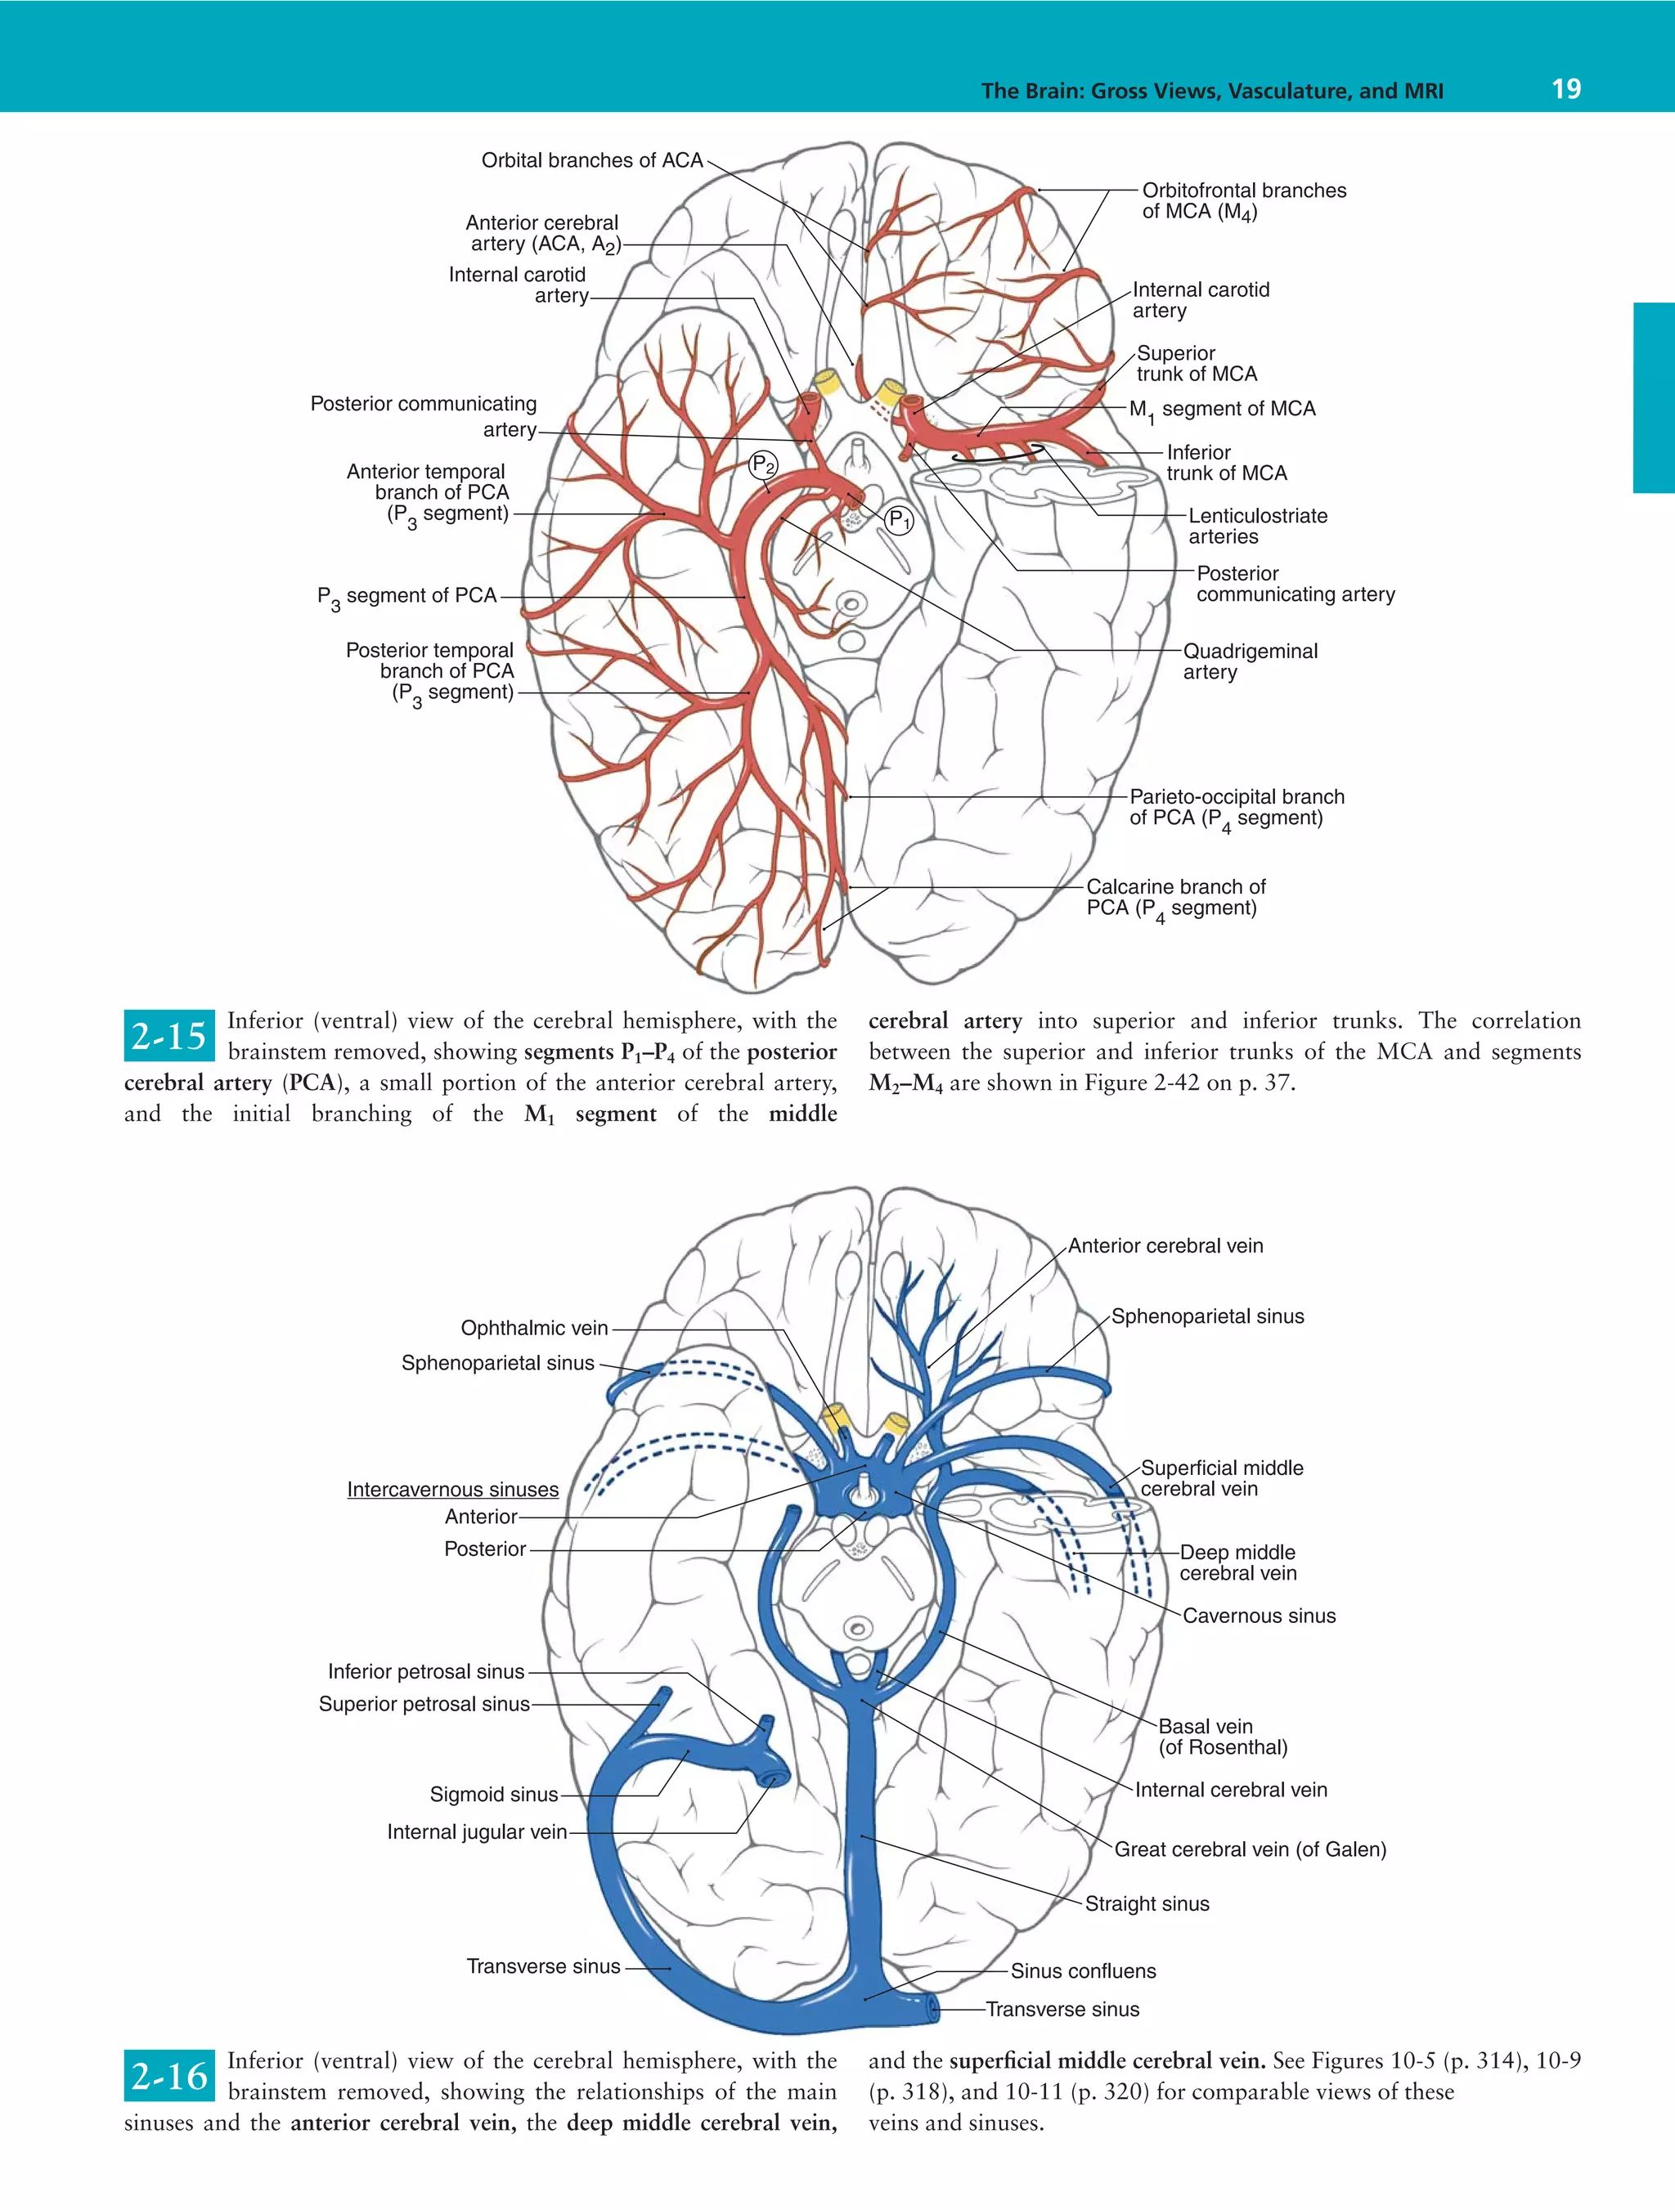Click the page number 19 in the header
click(x=1565, y=89)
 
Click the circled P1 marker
click(x=900, y=519)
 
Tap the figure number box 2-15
click(x=169, y=1036)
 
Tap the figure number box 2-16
click(x=169, y=2076)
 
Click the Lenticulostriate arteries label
click(x=1257, y=527)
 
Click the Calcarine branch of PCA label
click(x=1175, y=897)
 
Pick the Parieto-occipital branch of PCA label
click(x=1237, y=807)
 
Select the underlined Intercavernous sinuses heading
click(x=453, y=1490)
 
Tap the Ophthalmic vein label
click(x=534, y=1328)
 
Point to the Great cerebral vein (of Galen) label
click(x=1249, y=1849)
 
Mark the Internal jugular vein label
click(x=477, y=1831)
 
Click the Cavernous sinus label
click(x=1258, y=1616)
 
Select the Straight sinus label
click(x=1147, y=1903)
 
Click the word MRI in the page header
click(x=1422, y=91)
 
